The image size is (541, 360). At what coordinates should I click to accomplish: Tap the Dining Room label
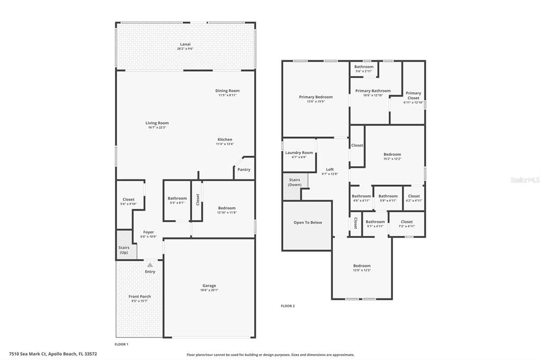click(x=227, y=91)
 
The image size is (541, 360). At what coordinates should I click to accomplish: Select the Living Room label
click(x=157, y=123)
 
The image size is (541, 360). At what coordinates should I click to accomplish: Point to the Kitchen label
click(x=225, y=139)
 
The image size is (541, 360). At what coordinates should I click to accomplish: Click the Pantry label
click(x=244, y=169)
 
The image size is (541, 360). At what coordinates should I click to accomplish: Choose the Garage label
click(x=209, y=286)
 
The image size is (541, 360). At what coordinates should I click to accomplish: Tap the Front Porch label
click(x=139, y=297)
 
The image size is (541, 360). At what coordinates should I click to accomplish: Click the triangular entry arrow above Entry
click(x=150, y=265)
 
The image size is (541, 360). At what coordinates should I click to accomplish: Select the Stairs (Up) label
click(x=124, y=250)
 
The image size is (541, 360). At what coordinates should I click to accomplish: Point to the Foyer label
click(x=148, y=232)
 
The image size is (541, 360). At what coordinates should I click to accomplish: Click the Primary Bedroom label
click(x=316, y=97)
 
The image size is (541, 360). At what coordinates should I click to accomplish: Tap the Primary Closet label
click(x=413, y=96)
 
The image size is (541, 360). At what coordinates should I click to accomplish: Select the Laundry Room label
click(x=299, y=153)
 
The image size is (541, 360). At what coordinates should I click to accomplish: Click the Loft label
click(x=330, y=169)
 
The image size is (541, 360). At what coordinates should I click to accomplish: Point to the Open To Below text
click(x=307, y=222)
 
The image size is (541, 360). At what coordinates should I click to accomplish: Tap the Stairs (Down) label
click(x=294, y=182)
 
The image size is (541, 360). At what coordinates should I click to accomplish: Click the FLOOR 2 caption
click(x=287, y=306)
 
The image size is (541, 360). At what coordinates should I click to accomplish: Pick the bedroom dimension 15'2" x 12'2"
click(x=392, y=159)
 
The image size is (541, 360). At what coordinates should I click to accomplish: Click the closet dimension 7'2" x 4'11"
click(x=406, y=226)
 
